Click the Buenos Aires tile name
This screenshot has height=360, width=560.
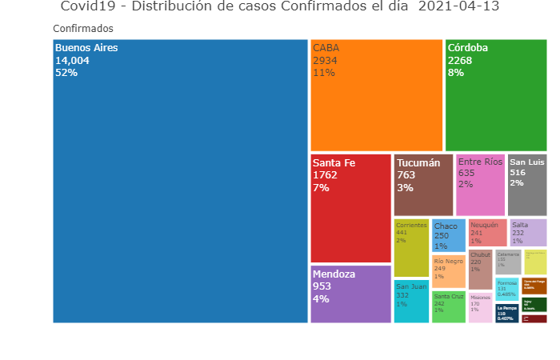point(86,48)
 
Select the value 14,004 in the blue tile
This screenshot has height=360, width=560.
point(73,60)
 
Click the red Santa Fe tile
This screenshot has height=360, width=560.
point(350,208)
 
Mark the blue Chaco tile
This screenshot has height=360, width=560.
point(449,235)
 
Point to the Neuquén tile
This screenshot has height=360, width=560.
point(487,232)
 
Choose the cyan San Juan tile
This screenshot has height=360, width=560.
point(411,301)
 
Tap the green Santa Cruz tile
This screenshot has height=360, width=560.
point(449,306)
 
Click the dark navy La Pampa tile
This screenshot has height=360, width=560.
point(506,312)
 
